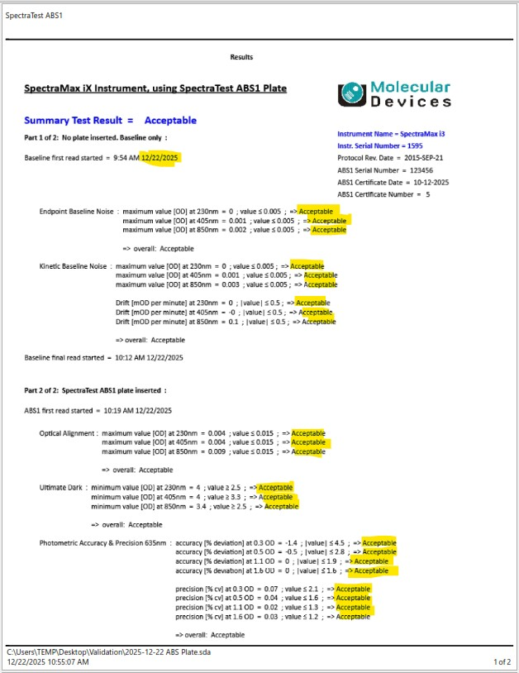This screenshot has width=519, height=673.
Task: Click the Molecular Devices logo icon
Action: (x=353, y=93)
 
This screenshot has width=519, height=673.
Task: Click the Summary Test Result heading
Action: (x=110, y=121)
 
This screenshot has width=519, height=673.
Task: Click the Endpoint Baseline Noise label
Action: (x=77, y=212)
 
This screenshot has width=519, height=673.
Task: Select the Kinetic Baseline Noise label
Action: (x=74, y=266)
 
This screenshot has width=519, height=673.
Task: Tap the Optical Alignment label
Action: (x=68, y=432)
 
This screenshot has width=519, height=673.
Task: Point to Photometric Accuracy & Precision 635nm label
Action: (x=104, y=542)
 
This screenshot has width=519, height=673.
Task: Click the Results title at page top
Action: (x=241, y=57)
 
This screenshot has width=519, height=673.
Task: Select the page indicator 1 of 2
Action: (x=502, y=662)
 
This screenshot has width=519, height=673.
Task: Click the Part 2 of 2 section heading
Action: (x=95, y=390)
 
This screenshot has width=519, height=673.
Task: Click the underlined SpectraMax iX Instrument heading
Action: (x=155, y=88)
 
